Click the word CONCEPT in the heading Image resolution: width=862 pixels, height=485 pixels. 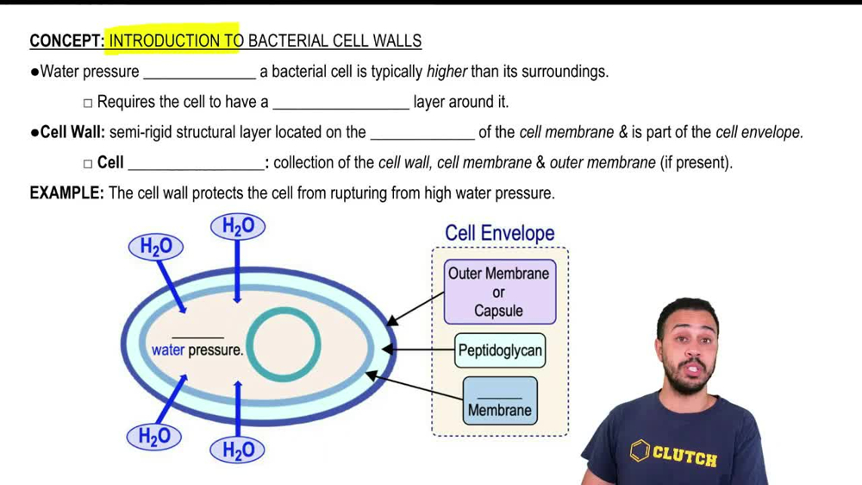(66, 41)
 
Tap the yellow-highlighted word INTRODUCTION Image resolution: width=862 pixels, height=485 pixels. (164, 41)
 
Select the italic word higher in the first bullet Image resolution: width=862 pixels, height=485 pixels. (447, 72)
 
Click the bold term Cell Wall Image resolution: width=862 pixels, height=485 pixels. (72, 132)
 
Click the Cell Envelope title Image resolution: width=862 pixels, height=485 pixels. (499, 233)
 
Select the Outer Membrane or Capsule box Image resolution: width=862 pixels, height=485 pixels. (499, 293)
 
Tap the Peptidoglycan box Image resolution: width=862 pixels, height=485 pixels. (500, 350)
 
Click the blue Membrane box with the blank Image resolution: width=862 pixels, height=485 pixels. (500, 401)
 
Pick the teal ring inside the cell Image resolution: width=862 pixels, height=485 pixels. (284, 344)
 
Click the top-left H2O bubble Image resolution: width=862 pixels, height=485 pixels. (156, 248)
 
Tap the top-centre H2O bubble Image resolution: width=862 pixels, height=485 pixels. (238, 227)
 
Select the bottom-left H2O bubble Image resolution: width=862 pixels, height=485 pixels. (154, 437)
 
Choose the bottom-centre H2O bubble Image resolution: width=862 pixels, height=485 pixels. (238, 450)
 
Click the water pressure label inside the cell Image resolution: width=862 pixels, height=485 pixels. (197, 350)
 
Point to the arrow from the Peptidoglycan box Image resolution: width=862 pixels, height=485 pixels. (418, 350)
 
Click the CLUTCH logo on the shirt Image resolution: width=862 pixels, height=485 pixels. (673, 452)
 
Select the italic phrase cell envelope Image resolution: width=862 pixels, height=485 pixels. (759, 132)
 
